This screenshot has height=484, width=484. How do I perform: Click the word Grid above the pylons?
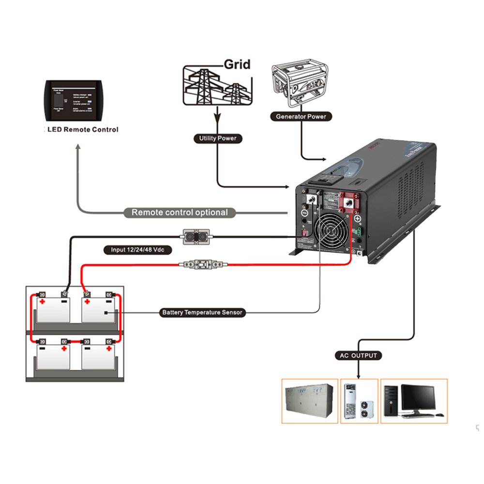[x=237, y=64]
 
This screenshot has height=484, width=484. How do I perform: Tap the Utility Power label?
[x=218, y=138]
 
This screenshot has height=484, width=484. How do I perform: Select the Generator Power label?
[x=301, y=116]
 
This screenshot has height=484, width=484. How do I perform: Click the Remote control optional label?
[x=180, y=212]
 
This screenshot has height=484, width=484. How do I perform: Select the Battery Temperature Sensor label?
[x=203, y=313]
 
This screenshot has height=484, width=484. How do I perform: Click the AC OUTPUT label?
[x=358, y=356]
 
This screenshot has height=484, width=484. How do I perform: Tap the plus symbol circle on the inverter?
[x=358, y=219]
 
